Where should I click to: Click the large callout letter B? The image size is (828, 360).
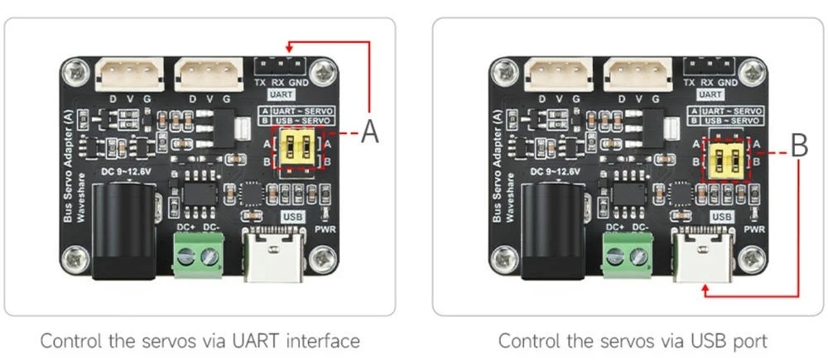click(799, 146)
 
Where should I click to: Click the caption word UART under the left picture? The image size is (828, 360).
click(253, 340)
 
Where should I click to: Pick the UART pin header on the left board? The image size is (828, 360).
click(279, 65)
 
